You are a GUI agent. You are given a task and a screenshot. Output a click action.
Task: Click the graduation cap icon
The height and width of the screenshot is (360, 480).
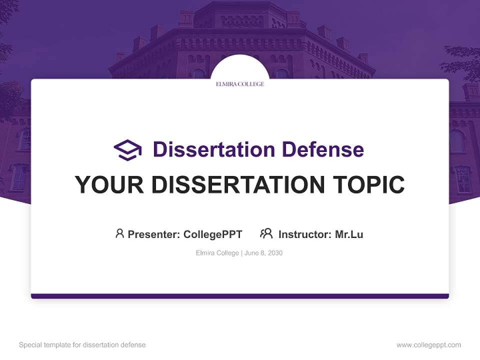pyautogui.click(x=127, y=149)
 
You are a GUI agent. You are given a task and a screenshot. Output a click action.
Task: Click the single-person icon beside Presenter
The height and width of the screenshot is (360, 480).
pyautogui.click(x=119, y=233)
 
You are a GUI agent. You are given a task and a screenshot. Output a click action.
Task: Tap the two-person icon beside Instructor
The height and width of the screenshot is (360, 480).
pyautogui.click(x=266, y=233)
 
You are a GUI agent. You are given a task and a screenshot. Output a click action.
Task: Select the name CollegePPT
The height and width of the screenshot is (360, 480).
pyautogui.click(x=213, y=234)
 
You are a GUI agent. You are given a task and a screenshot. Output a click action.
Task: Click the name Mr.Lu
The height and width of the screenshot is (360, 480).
pyautogui.click(x=349, y=234)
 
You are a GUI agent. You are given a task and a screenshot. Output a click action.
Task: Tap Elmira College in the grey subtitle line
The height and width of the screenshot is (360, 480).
pyautogui.click(x=217, y=253)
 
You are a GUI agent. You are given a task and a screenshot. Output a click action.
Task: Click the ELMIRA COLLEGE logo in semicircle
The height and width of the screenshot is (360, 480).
pyautogui.click(x=240, y=84)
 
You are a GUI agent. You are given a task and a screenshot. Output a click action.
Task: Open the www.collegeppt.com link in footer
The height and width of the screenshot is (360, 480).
pyautogui.click(x=428, y=345)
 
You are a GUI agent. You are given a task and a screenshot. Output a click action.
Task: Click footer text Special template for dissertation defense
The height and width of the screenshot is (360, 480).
pyautogui.click(x=82, y=345)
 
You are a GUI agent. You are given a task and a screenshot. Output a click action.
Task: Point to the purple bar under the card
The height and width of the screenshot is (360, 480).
pyautogui.click(x=240, y=296)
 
